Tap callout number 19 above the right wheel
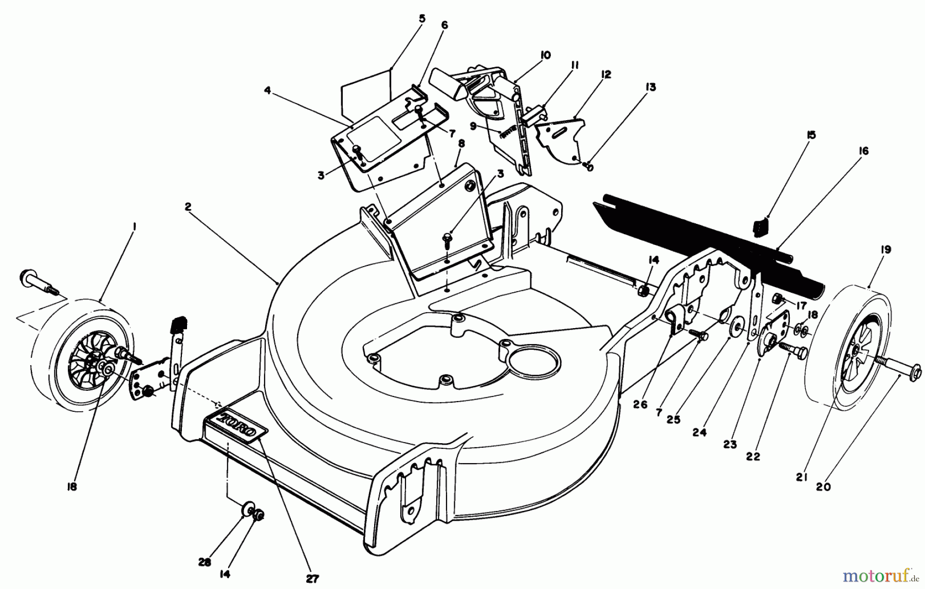(x=885, y=250)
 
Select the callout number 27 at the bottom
(x=312, y=579)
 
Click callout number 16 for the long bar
(x=863, y=150)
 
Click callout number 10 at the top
(x=545, y=54)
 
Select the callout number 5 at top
(x=422, y=18)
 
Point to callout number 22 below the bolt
(x=753, y=455)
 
